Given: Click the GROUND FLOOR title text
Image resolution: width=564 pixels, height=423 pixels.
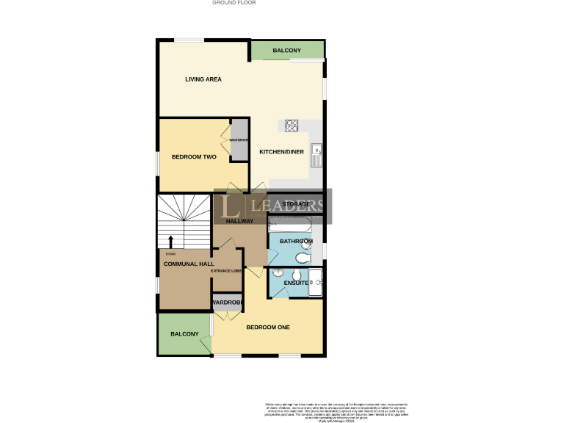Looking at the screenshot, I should tap(234, 3).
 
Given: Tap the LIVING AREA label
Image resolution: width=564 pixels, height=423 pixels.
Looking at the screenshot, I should tap(203, 79).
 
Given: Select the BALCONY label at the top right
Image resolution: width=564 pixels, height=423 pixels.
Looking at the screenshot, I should tap(286, 51).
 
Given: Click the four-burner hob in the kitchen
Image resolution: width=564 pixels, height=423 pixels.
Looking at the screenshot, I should tap(291, 126).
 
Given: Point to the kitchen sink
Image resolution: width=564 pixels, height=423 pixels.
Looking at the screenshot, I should tap(317, 155).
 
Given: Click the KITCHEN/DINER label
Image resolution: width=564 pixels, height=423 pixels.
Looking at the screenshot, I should tap(281, 152).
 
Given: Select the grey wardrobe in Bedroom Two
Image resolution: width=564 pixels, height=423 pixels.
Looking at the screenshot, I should tap(239, 140).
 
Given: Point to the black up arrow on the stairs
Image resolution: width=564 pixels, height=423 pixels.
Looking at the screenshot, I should tap(172, 242).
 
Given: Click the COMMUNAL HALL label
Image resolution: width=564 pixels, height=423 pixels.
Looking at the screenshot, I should tap(189, 264).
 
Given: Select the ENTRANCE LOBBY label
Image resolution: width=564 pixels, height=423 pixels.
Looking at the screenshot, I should tap(226, 271).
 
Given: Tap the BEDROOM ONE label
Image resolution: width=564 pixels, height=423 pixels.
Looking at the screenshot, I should tap(268, 328).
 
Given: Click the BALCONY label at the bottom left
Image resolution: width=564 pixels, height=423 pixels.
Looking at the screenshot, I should tap(184, 334).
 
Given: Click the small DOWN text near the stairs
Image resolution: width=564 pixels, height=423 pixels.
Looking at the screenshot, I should tap(170, 254).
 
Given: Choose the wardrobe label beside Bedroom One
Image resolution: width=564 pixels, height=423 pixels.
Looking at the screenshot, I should tap(227, 303).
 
